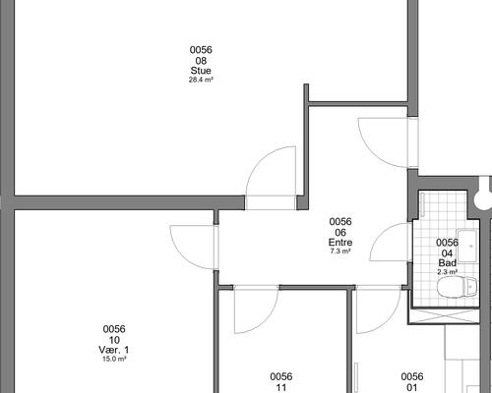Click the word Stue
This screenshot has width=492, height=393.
tap(201, 71)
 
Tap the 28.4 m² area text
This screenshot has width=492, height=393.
tap(201, 80)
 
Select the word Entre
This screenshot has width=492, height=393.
tap(340, 243)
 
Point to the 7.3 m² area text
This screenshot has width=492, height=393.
tap(340, 252)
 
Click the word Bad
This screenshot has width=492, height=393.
tap(448, 263)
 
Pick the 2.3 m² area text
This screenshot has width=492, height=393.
tap(448, 272)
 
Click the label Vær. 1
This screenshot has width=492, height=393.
tap(114, 350)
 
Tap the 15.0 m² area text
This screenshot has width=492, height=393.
tap(114, 359)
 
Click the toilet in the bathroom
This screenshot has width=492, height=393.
tap(457, 287)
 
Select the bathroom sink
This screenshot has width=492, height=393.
tap(467, 247)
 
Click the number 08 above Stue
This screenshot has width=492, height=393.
tap(201, 61)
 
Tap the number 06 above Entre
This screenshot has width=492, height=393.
tap(340, 233)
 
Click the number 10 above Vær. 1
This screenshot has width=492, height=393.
tap(114, 340)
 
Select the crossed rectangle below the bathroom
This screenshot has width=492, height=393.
tap(444, 316)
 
